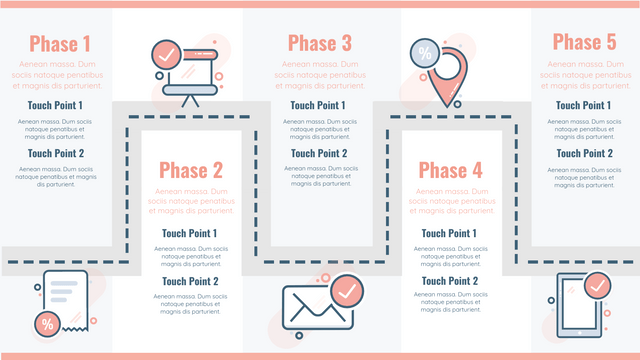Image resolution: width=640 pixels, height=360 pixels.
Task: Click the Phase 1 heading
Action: pos(60,43)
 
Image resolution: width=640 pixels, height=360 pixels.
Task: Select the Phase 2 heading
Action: pos(190,170)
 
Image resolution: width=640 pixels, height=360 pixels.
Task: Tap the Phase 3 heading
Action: pos(319,43)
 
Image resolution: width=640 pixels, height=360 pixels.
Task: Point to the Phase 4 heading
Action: pos(450,170)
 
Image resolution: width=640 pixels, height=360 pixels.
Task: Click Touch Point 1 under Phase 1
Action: pos(55,105)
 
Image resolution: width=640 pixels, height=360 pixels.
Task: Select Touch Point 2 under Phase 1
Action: pos(55,153)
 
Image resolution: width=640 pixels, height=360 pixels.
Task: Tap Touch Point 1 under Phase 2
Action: pos(189,233)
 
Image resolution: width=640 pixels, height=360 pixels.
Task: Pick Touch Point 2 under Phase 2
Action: pos(189,281)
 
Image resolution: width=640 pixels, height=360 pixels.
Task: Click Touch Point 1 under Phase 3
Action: pos(318,105)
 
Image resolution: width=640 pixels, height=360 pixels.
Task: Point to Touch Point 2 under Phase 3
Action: pos(318,153)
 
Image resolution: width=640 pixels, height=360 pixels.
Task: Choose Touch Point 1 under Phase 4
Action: pos(449,233)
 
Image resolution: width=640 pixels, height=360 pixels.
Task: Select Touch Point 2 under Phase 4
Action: pos(449,281)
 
